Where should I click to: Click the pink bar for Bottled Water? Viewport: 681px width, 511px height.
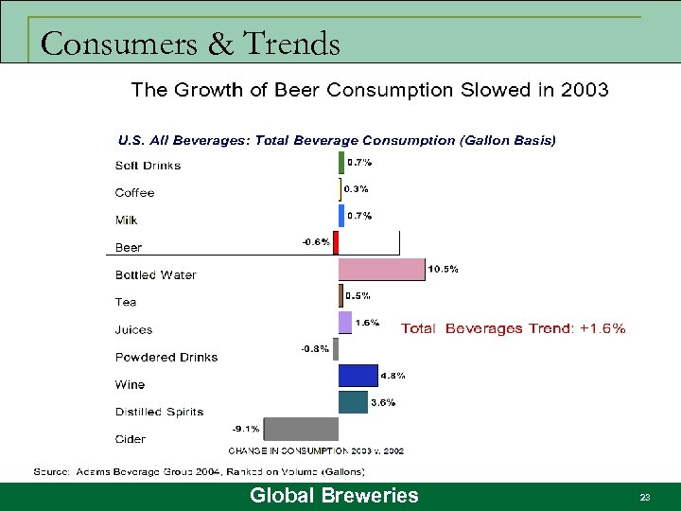tap(382, 270)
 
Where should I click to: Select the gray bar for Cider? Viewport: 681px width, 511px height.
tap(302, 429)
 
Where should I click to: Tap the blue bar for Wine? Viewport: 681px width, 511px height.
tap(358, 376)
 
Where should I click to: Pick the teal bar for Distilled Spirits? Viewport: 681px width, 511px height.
tap(354, 402)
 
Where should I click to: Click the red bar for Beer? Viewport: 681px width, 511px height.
tap(336, 243)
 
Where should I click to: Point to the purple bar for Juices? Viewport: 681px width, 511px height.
tap(345, 323)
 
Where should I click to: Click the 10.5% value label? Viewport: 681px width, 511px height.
tap(444, 269)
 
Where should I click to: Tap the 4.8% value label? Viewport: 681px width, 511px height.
tap(393, 376)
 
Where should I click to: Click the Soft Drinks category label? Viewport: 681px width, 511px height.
tap(148, 166)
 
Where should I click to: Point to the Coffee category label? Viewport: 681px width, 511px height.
tap(134, 193)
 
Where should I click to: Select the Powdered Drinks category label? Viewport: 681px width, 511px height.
tap(166, 358)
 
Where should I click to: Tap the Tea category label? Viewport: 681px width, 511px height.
tap(126, 303)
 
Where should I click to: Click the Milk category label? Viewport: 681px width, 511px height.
tap(126, 220)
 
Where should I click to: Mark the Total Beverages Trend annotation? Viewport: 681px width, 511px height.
tap(513, 329)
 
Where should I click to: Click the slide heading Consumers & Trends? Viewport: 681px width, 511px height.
tap(190, 44)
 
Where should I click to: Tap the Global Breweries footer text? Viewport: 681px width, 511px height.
tap(334, 496)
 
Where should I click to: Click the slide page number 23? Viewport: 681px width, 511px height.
tap(645, 497)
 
